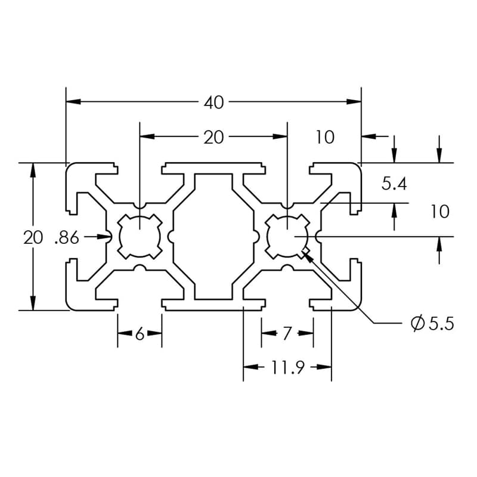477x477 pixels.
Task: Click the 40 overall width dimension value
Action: (213, 103)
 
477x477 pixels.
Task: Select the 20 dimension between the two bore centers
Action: (213, 138)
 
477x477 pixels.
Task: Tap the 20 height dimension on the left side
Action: (33, 238)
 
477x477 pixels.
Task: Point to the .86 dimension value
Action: (66, 238)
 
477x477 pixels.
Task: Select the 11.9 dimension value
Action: (288, 367)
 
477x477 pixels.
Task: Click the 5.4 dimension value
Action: (394, 184)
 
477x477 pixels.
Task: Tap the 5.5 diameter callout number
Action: (441, 324)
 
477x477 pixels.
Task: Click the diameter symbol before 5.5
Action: (417, 324)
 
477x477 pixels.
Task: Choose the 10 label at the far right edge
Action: (439, 212)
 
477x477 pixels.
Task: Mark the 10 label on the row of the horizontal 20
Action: (325, 138)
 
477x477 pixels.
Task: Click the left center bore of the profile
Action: (140, 237)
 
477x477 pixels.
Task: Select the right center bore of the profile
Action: (287, 237)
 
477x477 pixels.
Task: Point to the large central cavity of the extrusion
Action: (213, 237)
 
